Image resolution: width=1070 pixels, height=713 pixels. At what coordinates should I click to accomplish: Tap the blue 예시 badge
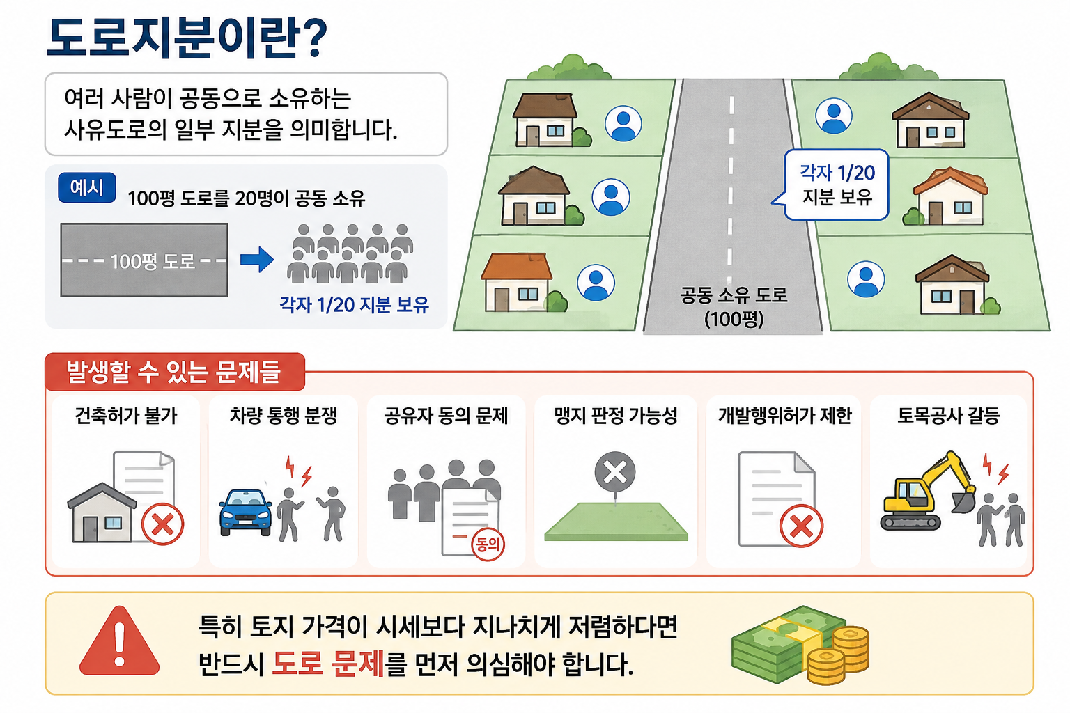pyautogui.click(x=86, y=188)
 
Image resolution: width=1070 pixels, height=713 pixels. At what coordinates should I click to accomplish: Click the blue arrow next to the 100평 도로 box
pyautogui.click(x=257, y=260)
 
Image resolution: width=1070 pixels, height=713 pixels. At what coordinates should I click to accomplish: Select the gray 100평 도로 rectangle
pyautogui.click(x=144, y=260)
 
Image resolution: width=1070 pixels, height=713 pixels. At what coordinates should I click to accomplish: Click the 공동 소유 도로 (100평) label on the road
pyautogui.click(x=734, y=306)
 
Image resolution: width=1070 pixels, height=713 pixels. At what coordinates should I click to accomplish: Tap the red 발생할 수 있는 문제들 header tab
pyautogui.click(x=175, y=372)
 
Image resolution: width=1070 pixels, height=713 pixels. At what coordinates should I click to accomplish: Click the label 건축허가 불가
pyautogui.click(x=126, y=416)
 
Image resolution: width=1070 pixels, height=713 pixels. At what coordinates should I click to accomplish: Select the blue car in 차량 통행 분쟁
pyautogui.click(x=245, y=512)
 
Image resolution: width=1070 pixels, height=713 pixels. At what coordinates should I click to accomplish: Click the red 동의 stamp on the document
pyautogui.click(x=488, y=544)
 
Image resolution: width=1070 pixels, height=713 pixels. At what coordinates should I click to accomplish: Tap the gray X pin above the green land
pyautogui.click(x=615, y=473)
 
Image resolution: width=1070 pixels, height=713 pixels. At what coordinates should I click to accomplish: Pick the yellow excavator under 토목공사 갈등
pyautogui.click(x=926, y=492)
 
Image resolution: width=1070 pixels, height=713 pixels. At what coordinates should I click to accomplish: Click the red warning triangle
pyautogui.click(x=119, y=641)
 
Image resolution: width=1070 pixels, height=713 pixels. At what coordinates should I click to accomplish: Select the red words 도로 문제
pyautogui.click(x=327, y=664)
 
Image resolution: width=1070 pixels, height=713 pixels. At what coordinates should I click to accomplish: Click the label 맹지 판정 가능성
pyautogui.click(x=616, y=416)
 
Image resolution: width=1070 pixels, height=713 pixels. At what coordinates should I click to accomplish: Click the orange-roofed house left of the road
pyautogui.click(x=518, y=282)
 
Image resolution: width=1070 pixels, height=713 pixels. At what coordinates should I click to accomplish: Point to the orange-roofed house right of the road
pyautogui.click(x=949, y=196)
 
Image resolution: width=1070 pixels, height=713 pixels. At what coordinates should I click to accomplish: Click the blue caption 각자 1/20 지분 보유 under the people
pyautogui.click(x=354, y=305)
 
